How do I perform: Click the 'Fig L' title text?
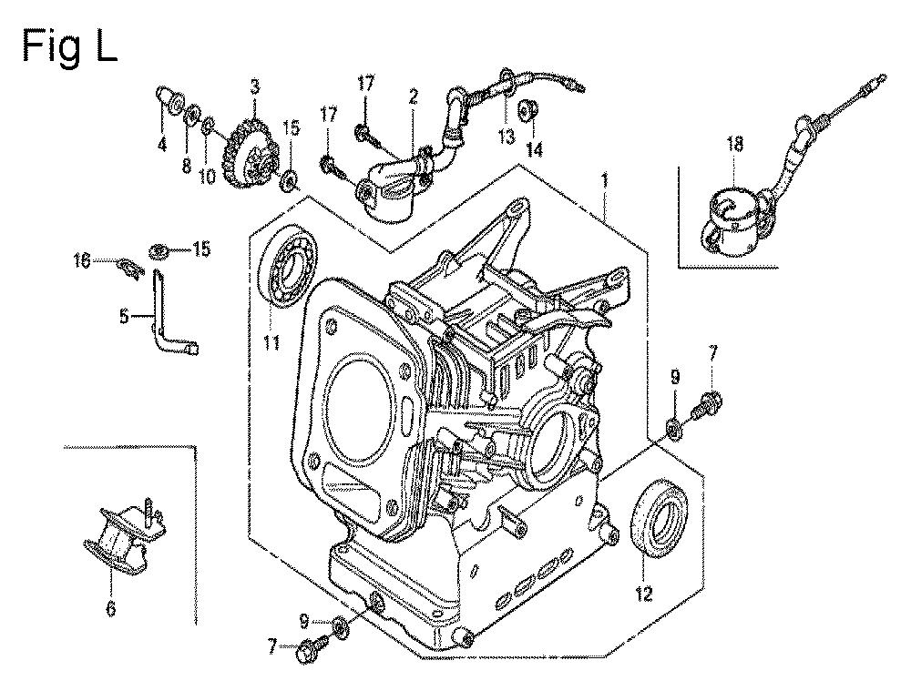point(69,45)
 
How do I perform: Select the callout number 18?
point(734,143)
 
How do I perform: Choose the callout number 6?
point(110,608)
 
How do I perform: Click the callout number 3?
point(254,87)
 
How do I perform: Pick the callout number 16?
point(82,262)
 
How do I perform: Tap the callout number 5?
point(124,317)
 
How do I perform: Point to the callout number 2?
point(413,96)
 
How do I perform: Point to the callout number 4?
point(161,143)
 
